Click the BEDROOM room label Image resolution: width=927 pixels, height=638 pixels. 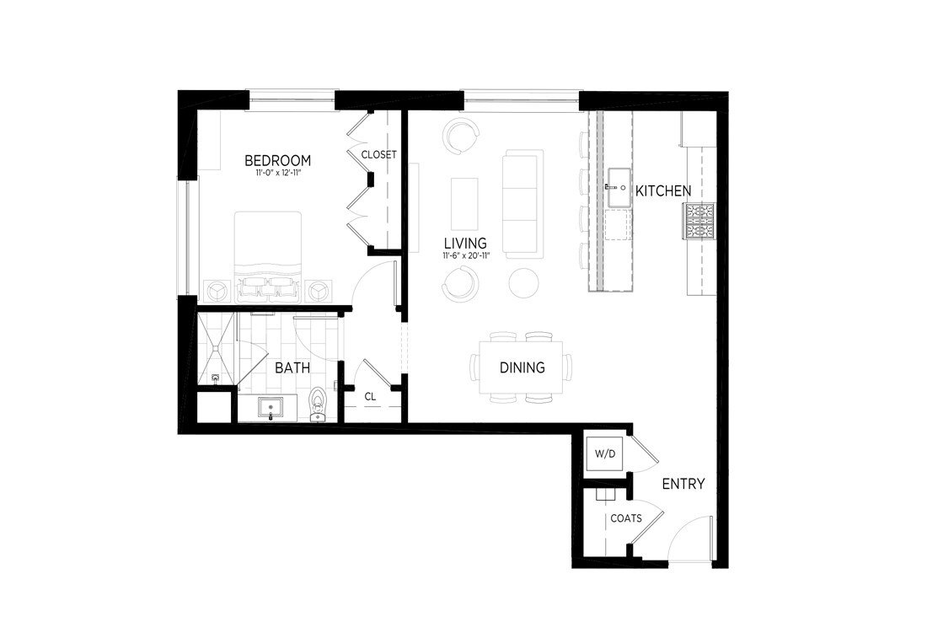277,160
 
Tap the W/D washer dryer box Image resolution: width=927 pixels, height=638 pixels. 605,454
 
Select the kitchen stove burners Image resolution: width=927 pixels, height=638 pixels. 699,222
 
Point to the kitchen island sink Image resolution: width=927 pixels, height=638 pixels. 619,186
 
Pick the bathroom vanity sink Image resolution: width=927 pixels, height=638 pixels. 271,409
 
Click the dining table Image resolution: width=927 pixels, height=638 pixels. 522,367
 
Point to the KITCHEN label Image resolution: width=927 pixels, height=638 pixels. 662,191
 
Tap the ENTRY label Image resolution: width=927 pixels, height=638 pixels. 683,484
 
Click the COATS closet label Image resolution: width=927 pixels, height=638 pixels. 626,518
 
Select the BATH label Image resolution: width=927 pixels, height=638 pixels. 292,367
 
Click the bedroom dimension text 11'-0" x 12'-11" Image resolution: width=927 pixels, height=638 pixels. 277,174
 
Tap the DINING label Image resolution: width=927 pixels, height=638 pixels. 522,367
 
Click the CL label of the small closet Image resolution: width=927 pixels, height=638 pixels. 370,396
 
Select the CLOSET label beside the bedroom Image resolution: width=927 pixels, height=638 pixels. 378,155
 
